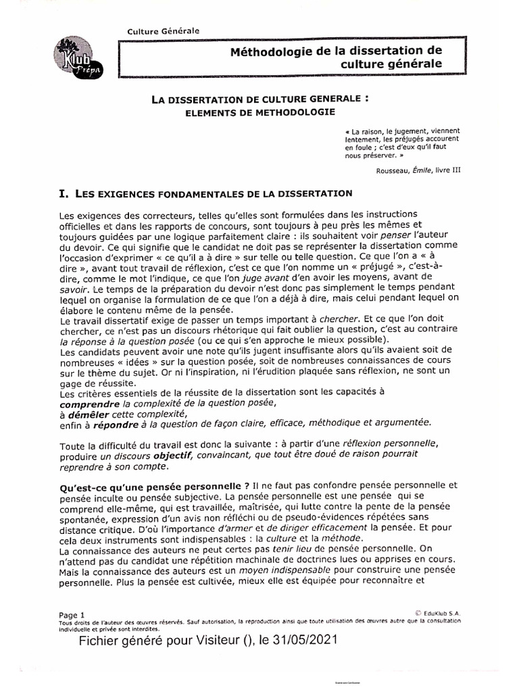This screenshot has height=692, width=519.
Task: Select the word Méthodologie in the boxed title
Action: [x=282, y=51]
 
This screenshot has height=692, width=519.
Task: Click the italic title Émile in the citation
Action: [x=429, y=170]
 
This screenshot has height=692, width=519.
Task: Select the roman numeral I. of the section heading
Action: [x=65, y=194]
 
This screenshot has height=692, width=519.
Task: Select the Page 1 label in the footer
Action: [x=72, y=615]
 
